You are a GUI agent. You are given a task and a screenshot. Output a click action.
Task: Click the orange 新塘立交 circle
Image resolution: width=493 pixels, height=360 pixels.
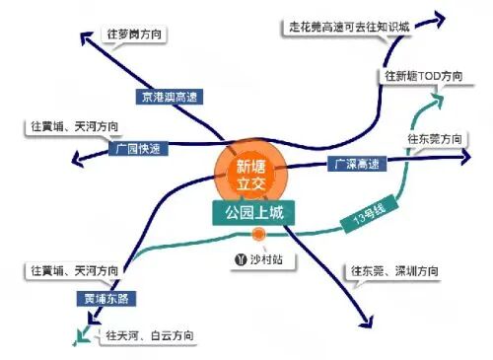(x=246, y=174)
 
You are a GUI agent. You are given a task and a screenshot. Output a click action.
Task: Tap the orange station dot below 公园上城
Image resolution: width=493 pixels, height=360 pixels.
(x=258, y=235)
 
